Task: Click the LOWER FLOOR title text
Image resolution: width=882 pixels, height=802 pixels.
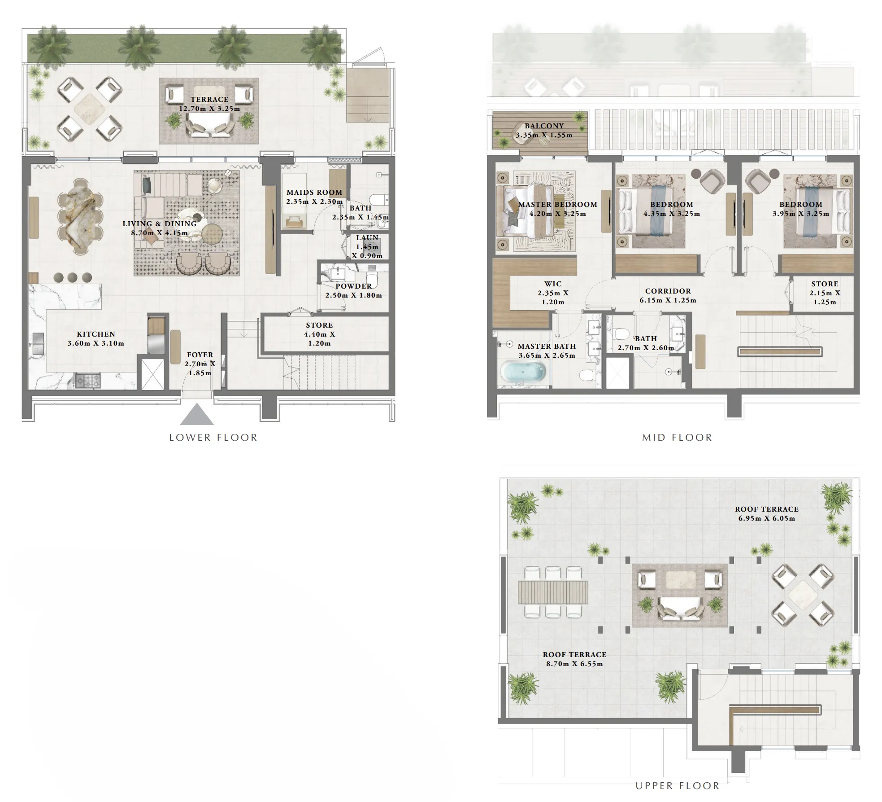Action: click(213, 438)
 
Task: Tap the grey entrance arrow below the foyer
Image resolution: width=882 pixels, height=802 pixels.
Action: click(196, 415)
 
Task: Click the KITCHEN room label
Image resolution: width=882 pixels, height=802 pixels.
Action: click(96, 334)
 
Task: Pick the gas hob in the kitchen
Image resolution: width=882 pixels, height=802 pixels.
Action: click(87, 381)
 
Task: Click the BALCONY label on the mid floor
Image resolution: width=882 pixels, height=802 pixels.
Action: click(544, 126)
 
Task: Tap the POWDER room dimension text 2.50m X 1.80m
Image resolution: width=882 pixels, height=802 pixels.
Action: click(353, 295)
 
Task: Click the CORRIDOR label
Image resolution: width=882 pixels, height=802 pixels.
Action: click(668, 291)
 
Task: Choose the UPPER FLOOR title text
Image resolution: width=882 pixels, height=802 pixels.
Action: click(677, 786)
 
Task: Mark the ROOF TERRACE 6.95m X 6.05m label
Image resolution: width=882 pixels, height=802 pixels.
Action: click(766, 513)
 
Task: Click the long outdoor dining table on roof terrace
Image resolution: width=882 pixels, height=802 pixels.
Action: click(552, 592)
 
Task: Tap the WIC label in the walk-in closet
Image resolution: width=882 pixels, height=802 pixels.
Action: click(552, 284)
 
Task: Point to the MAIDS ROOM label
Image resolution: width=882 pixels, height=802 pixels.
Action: click(314, 192)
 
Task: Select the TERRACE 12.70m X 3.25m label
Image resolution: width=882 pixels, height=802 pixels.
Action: click(209, 104)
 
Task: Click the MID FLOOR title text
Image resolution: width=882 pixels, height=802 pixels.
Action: click(677, 438)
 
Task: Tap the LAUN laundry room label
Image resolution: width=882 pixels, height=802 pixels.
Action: click(367, 238)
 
